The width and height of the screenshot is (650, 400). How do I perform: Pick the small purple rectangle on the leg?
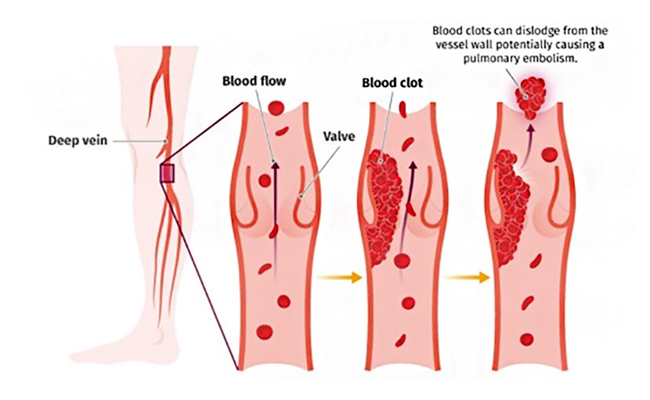(167, 173)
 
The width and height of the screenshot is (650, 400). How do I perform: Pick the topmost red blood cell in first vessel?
(276, 106)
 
